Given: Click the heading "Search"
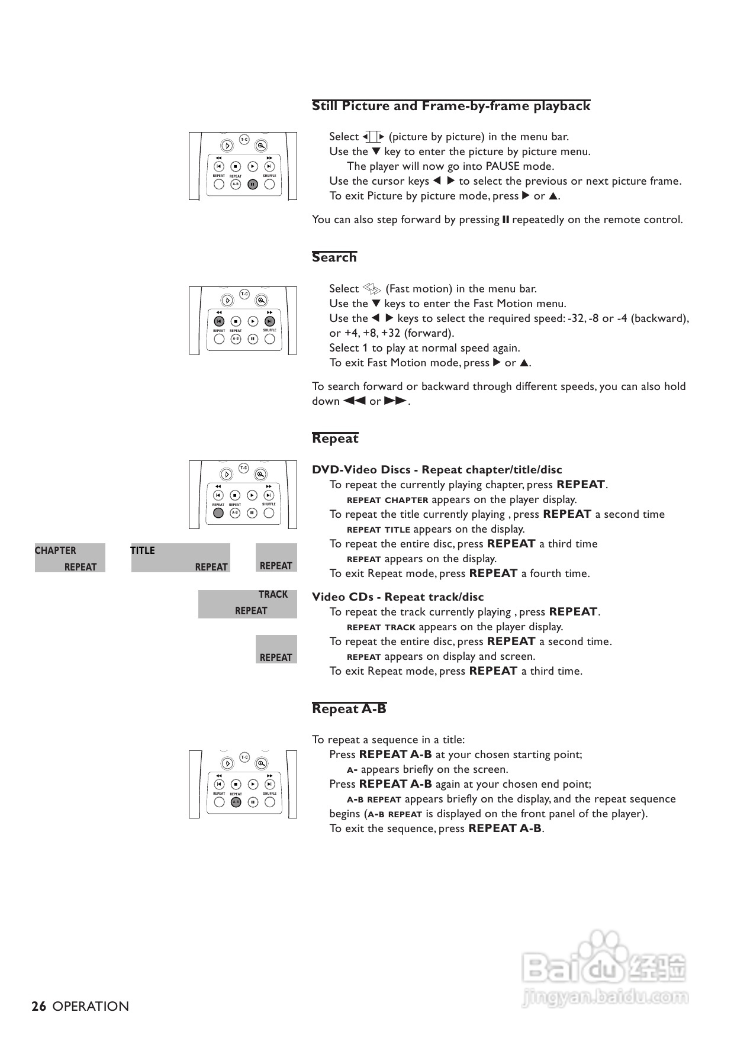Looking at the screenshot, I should pyautogui.click(x=334, y=257).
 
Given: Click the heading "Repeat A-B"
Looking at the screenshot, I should pyautogui.click(x=349, y=709).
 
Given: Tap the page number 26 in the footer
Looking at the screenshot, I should pyautogui.click(x=39, y=1006).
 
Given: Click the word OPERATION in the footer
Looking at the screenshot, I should pyautogui.click(x=91, y=1006).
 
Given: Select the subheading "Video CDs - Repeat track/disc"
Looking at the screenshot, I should pyautogui.click(x=398, y=597).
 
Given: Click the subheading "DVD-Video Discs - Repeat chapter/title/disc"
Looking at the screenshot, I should pyautogui.click(x=437, y=470).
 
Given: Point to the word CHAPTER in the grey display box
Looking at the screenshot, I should pyautogui.click(x=55, y=550).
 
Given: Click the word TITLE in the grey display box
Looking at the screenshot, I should pyautogui.click(x=143, y=550).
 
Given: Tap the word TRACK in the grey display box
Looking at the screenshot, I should pyautogui.click(x=273, y=594).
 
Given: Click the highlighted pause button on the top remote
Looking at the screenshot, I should pyautogui.click(x=253, y=184).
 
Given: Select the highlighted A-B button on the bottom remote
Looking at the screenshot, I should pyautogui.click(x=236, y=802).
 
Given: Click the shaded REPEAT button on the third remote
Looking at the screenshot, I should pyautogui.click(x=218, y=512).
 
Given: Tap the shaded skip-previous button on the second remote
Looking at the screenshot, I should pyautogui.click(x=218, y=321).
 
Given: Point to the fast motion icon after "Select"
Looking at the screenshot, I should pyautogui.click(x=372, y=289).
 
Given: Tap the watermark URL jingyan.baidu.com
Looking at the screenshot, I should pyautogui.click(x=605, y=997).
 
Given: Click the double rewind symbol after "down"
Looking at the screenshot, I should pyautogui.click(x=355, y=401).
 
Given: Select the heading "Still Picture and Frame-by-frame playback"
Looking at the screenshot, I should pyautogui.click(x=451, y=106).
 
